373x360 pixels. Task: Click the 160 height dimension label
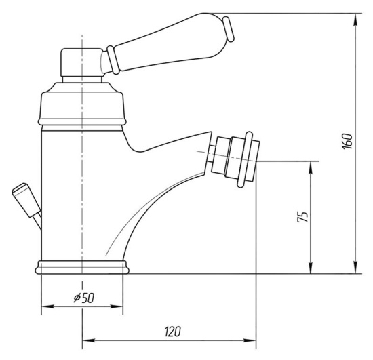(x=347, y=141)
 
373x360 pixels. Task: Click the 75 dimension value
(x=303, y=216)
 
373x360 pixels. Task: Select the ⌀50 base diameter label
(x=83, y=298)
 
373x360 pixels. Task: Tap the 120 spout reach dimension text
(x=173, y=332)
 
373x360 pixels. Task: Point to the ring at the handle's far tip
(x=229, y=29)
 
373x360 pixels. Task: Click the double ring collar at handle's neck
(x=113, y=60)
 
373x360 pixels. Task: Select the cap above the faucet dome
(x=82, y=62)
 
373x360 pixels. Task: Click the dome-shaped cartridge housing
(x=81, y=104)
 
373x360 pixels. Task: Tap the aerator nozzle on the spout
(x=235, y=159)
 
